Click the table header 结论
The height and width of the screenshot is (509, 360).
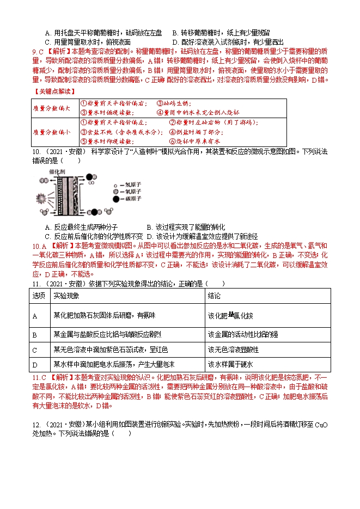(213, 295)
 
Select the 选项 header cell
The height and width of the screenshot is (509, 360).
(39, 295)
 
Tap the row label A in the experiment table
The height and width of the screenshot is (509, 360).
(35, 316)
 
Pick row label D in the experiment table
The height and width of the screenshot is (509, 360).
(35, 364)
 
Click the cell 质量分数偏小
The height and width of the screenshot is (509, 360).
(51, 132)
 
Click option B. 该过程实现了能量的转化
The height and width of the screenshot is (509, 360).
(186, 227)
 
